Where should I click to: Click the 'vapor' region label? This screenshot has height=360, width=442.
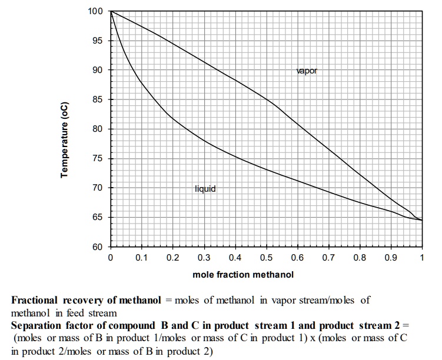pyautogui.click(x=307, y=71)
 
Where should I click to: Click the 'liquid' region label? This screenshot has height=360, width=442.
pyautogui.click(x=205, y=189)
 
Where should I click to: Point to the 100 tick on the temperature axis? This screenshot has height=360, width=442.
pyautogui.click(x=95, y=11)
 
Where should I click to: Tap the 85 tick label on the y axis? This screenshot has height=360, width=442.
pyautogui.click(x=97, y=99)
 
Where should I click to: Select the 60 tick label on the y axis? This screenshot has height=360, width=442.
pyautogui.click(x=97, y=247)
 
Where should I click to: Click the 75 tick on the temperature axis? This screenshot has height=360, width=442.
pyautogui.click(x=97, y=159)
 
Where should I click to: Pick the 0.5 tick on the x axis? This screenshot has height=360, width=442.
pyautogui.click(x=266, y=258)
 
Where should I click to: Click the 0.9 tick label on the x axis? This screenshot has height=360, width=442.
pyautogui.click(x=391, y=258)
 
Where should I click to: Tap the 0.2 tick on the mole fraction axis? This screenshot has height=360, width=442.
pyautogui.click(x=172, y=258)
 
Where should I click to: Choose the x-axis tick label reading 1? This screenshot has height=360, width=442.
pyautogui.click(x=422, y=258)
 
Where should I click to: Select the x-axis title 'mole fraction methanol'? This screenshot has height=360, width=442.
pyautogui.click(x=242, y=274)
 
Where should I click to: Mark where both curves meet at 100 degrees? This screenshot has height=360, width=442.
pyautogui.click(x=111, y=11)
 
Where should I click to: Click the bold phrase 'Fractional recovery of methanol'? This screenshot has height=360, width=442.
pyautogui.click(x=86, y=300)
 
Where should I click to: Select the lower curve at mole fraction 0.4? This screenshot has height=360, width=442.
pyautogui.click(x=235, y=156)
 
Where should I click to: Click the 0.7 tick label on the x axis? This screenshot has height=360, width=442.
pyautogui.click(x=328, y=258)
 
